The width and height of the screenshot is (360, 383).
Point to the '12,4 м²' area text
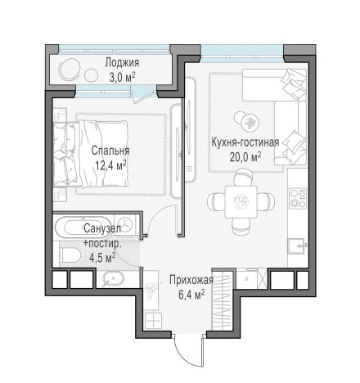pyautogui.click(x=110, y=165)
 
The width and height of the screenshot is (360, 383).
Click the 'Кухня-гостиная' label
pyautogui.click(x=245, y=142)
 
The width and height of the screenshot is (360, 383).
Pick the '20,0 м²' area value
pyautogui.click(x=246, y=155)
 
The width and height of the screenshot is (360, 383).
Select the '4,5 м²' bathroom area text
pyautogui.click(x=101, y=256)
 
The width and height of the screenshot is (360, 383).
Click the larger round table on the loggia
pyautogui.click(x=70, y=68)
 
